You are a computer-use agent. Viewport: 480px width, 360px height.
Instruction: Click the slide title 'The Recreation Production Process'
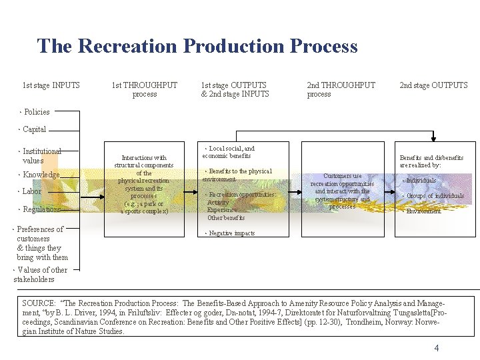(197, 46)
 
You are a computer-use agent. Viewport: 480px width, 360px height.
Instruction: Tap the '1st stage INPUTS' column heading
(51, 85)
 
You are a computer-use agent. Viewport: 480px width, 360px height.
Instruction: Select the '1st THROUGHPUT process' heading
(145, 89)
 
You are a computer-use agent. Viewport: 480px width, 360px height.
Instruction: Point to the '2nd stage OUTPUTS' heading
(433, 85)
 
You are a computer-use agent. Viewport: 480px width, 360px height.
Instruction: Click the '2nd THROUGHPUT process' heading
(341, 89)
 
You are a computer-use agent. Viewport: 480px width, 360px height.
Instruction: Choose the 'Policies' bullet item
(36, 112)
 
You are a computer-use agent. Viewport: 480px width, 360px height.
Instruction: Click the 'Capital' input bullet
(34, 129)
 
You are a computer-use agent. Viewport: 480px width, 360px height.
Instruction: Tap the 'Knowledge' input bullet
(41, 175)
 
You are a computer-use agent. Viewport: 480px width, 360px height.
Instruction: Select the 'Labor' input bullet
(31, 191)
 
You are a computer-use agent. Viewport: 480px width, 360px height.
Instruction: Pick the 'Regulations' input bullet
(41, 209)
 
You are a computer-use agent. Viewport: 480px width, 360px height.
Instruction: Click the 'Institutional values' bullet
(41, 156)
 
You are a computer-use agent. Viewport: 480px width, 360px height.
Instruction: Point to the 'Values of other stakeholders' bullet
(41, 275)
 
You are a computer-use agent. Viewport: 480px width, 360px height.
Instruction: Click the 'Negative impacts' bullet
(231, 233)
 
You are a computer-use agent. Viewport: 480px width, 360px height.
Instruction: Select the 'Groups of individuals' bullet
(434, 196)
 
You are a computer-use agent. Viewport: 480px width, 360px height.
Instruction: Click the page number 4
(437, 348)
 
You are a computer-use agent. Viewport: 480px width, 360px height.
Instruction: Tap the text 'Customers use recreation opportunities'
(343, 180)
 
